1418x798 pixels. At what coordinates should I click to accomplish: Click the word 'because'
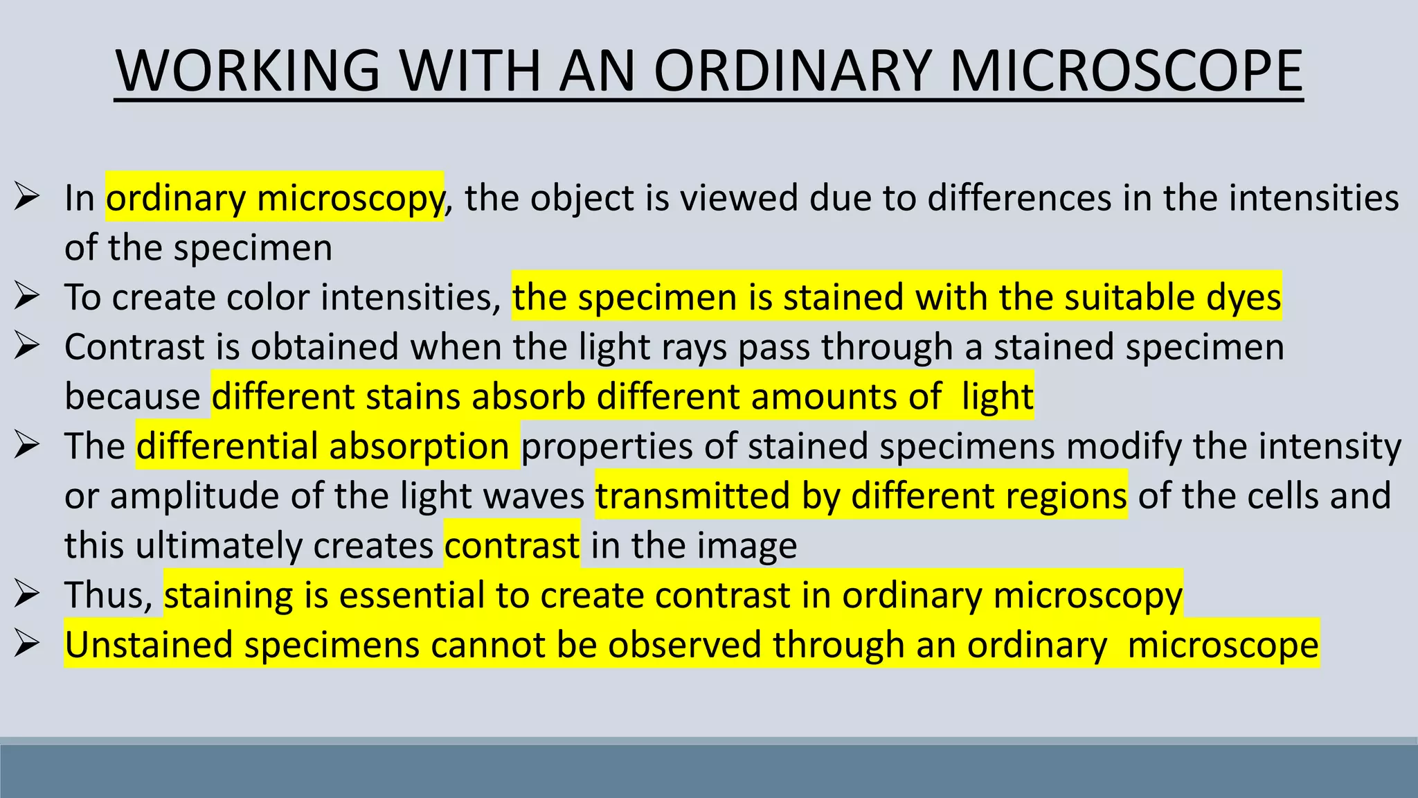click(132, 397)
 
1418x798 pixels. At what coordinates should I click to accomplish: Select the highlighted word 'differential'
click(227, 446)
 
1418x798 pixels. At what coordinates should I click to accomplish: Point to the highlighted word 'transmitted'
click(692, 496)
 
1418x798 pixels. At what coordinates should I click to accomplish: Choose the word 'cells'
click(1284, 496)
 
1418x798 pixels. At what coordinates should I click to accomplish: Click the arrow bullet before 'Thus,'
click(27, 595)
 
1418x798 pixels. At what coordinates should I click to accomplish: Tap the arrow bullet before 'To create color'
click(27, 297)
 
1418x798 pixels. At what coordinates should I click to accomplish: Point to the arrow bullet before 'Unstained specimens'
click(27, 645)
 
